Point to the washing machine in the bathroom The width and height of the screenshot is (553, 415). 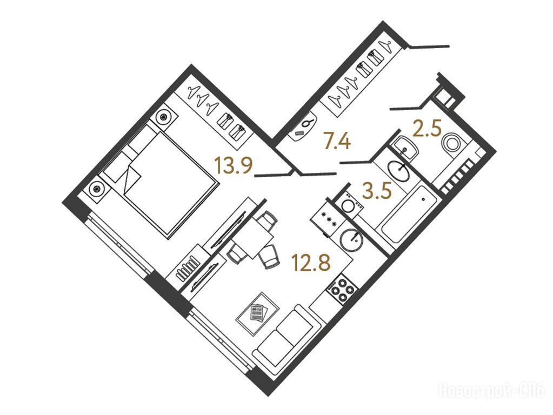point(348,204)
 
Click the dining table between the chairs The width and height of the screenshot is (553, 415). point(254,236)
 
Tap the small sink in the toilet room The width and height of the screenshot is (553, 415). point(405,148)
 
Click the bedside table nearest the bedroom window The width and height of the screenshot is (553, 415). point(96,189)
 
